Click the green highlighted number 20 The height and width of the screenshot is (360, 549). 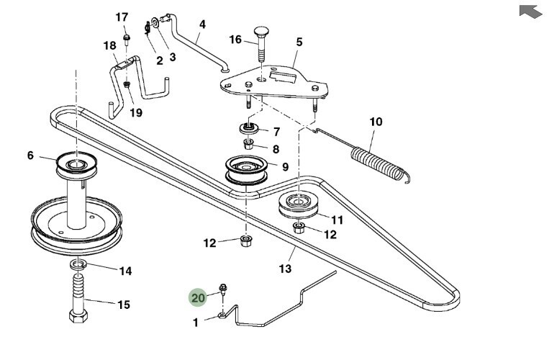pos(198,297)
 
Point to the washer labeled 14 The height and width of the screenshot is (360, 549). pos(78,267)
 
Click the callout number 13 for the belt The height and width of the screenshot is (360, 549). pos(285,269)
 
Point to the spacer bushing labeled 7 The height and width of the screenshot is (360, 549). pos(249,130)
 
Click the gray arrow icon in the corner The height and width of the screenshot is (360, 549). pos(530,12)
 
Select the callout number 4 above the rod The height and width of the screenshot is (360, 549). pos(202,24)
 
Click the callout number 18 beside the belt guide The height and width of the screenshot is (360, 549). pos(109,45)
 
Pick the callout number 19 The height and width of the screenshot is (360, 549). pos(136,112)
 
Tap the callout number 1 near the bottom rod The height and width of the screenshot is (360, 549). pos(195,323)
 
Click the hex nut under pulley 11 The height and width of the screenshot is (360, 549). pos(299,229)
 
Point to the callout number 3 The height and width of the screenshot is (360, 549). pos(173,56)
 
